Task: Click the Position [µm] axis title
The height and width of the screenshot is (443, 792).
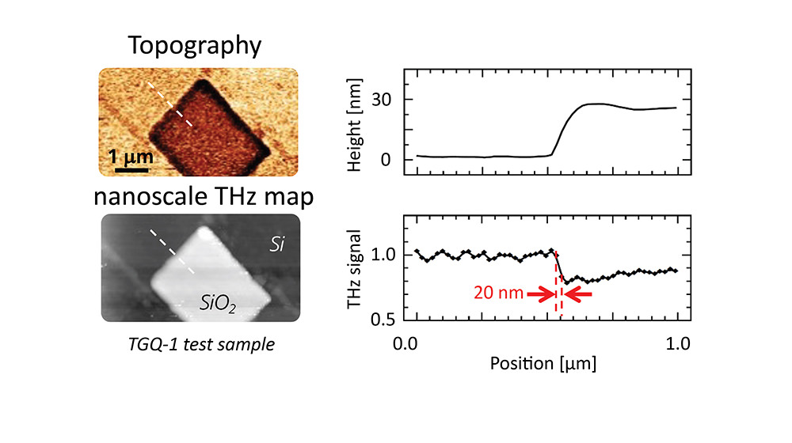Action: click(542, 365)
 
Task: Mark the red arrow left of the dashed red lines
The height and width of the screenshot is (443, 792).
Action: click(541, 294)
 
